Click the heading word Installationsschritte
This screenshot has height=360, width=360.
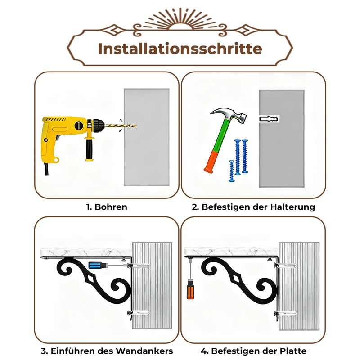click(180, 48)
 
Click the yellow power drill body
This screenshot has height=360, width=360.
click(63, 130)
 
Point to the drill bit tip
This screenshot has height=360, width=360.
click(136, 126)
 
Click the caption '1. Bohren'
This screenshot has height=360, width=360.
click(107, 207)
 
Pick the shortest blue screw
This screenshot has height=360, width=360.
click(231, 170)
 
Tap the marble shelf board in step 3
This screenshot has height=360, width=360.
click(85, 251)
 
